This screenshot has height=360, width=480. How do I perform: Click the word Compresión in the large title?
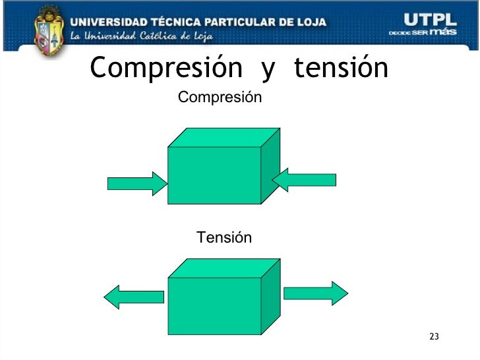tap(168, 67)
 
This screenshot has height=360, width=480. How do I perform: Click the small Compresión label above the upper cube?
tap(220, 98)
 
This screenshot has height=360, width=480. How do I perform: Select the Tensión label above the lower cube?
tap(224, 237)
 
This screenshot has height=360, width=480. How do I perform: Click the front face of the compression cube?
tap(214, 175)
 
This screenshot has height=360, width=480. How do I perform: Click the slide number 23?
tap(433, 338)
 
